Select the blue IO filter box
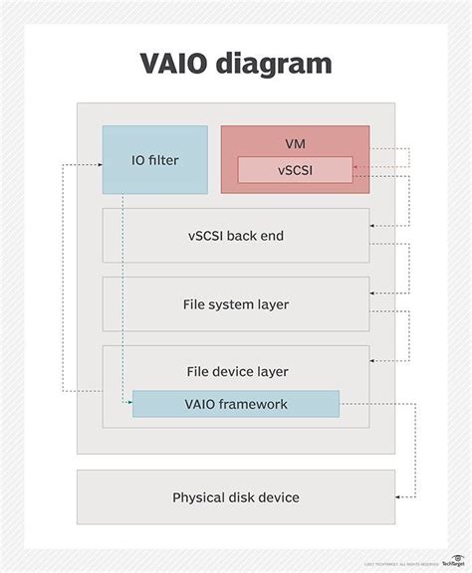[x=155, y=159]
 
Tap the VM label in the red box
[x=295, y=141]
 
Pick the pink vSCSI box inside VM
[x=295, y=170]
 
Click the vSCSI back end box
[x=236, y=236]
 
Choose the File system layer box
[x=236, y=304]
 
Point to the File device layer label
[x=236, y=371]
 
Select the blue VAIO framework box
[x=236, y=404]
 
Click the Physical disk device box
[x=236, y=497]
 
